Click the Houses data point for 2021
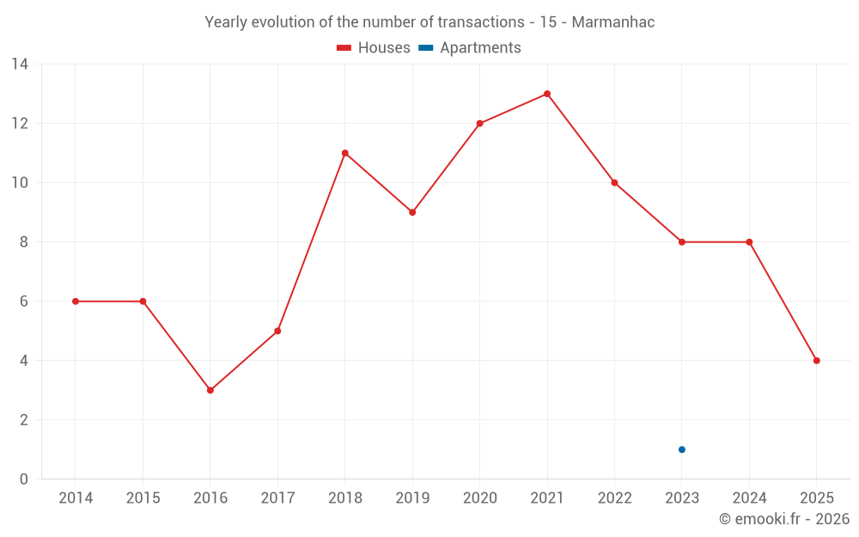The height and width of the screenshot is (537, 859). coord(547,94)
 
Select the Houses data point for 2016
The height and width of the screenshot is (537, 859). coord(210,390)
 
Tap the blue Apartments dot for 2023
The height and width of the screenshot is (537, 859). coord(682,449)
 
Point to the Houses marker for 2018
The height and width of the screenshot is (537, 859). coord(345,153)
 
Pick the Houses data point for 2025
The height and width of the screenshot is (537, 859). coord(816,361)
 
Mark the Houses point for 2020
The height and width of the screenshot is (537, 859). coord(480,124)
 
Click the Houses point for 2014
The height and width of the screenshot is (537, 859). coord(76,302)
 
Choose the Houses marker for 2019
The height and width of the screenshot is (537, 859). coord(412,212)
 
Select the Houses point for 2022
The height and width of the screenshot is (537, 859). coord(614,183)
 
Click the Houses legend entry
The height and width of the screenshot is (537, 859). coord(374,48)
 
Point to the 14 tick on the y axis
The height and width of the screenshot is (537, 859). coord(20,64)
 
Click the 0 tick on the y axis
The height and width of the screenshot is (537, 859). coord(24,479)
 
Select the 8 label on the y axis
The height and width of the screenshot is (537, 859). coord(24,242)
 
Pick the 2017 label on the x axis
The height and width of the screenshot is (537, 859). coord(277,498)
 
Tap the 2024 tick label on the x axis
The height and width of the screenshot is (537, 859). coord(749,498)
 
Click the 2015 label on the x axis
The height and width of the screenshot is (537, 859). coord(143,498)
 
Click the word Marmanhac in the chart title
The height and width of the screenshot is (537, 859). coord(613,22)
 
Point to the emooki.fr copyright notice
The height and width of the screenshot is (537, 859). coord(784,519)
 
